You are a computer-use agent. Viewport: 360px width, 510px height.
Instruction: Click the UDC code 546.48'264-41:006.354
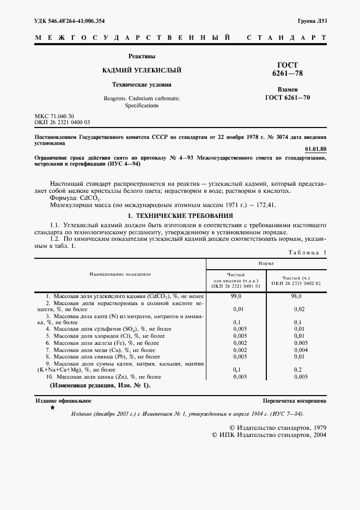(x=70, y=21)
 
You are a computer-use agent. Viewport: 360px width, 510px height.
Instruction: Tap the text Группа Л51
(x=312, y=21)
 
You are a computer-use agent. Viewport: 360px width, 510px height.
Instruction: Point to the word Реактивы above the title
(x=142, y=56)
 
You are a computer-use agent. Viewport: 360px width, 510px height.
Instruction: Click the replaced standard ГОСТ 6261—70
(x=288, y=98)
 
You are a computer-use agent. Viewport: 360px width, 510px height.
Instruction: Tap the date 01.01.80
(x=316, y=148)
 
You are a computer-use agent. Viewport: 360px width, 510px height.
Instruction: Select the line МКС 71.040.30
(x=54, y=117)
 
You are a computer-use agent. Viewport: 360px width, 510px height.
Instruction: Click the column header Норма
(x=266, y=263)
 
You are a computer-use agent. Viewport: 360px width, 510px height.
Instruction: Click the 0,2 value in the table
(x=296, y=369)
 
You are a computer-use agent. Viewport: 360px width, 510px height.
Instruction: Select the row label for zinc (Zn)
(x=103, y=377)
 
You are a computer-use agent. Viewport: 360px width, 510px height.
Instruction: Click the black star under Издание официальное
(x=52, y=407)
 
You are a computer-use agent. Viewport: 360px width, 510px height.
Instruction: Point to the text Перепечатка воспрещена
(x=294, y=400)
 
